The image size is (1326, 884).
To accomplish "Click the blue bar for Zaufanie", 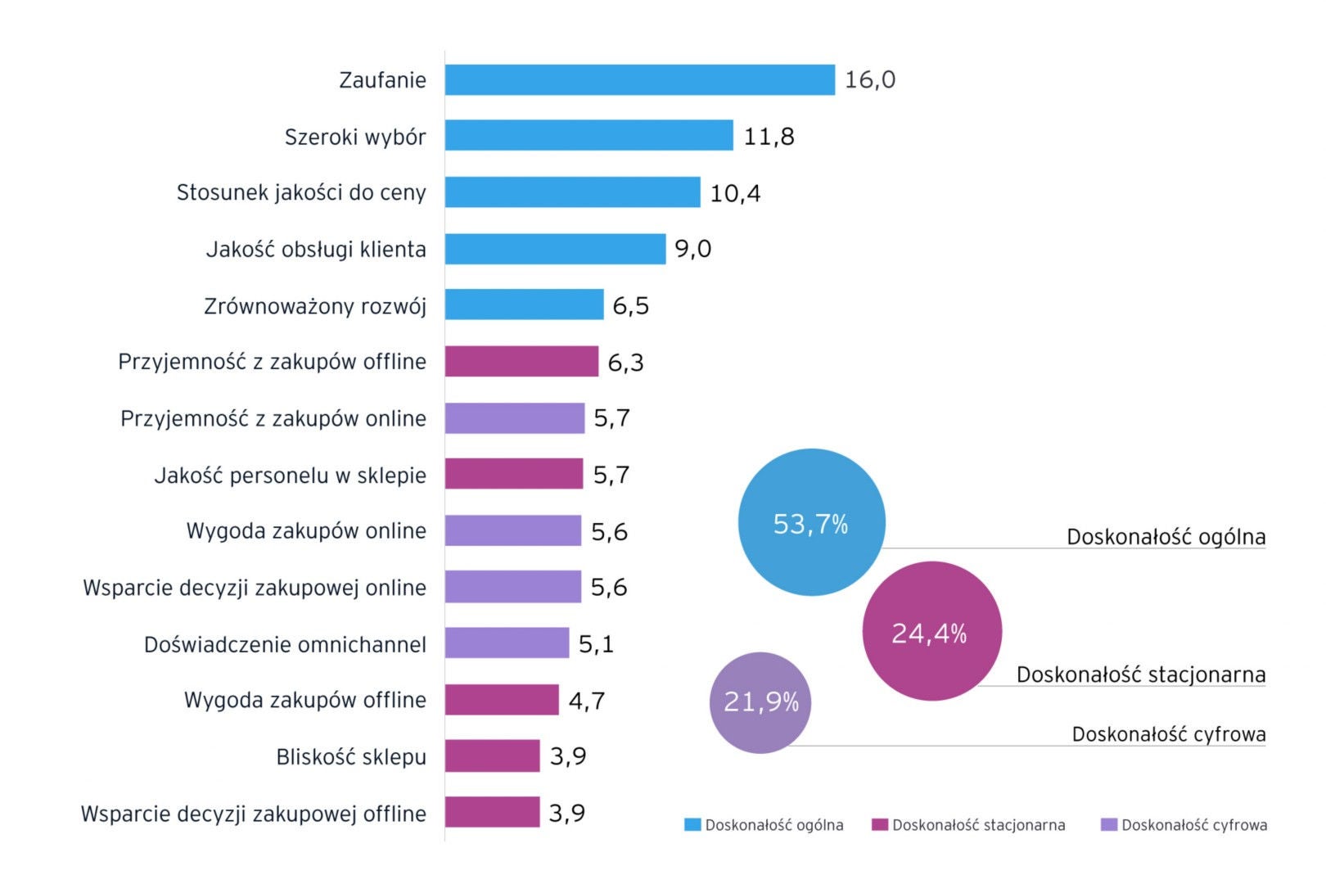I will click(639, 80).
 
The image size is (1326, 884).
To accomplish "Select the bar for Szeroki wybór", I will click(589, 136).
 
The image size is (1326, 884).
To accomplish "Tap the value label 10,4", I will click(734, 193).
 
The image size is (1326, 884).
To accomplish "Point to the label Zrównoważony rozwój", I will click(315, 306).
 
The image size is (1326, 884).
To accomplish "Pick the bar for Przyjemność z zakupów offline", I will click(521, 362).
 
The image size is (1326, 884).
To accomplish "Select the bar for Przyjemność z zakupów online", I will click(514, 418).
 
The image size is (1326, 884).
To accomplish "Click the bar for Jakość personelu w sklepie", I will click(513, 474).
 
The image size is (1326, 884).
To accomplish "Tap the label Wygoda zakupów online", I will click(306, 531).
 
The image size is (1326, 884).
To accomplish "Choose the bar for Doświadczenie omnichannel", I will click(507, 643).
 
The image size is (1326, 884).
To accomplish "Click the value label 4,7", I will click(586, 701).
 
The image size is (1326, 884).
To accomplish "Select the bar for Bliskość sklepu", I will click(492, 756).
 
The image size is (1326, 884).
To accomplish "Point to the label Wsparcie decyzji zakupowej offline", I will click(254, 814).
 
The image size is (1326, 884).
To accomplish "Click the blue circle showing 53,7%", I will click(811, 522).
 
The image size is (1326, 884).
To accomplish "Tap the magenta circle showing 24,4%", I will click(931, 631).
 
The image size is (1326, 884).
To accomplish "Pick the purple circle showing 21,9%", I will click(760, 702).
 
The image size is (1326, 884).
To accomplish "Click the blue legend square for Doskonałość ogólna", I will click(692, 825).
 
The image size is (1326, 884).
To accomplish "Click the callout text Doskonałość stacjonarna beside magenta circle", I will click(1140, 674).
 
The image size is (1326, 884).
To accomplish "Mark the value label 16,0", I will click(869, 80).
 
